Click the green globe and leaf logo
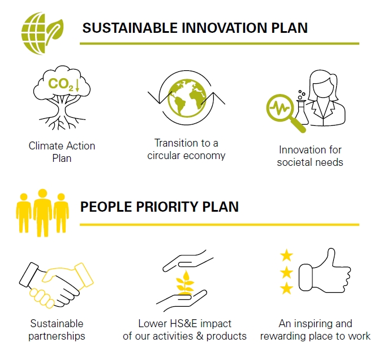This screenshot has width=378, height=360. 42,33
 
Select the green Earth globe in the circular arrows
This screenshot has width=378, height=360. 187,98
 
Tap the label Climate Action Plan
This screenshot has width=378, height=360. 62,152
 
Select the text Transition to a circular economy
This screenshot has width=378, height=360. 186,149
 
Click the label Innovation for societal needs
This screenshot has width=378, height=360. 310,156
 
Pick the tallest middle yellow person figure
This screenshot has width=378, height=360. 42,213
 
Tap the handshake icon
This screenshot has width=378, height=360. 57,285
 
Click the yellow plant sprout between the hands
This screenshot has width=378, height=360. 185,282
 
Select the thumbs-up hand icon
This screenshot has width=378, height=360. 325,271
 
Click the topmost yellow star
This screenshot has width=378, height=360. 286,256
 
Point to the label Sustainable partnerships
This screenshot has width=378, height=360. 57,329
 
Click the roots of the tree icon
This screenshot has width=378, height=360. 62,122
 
